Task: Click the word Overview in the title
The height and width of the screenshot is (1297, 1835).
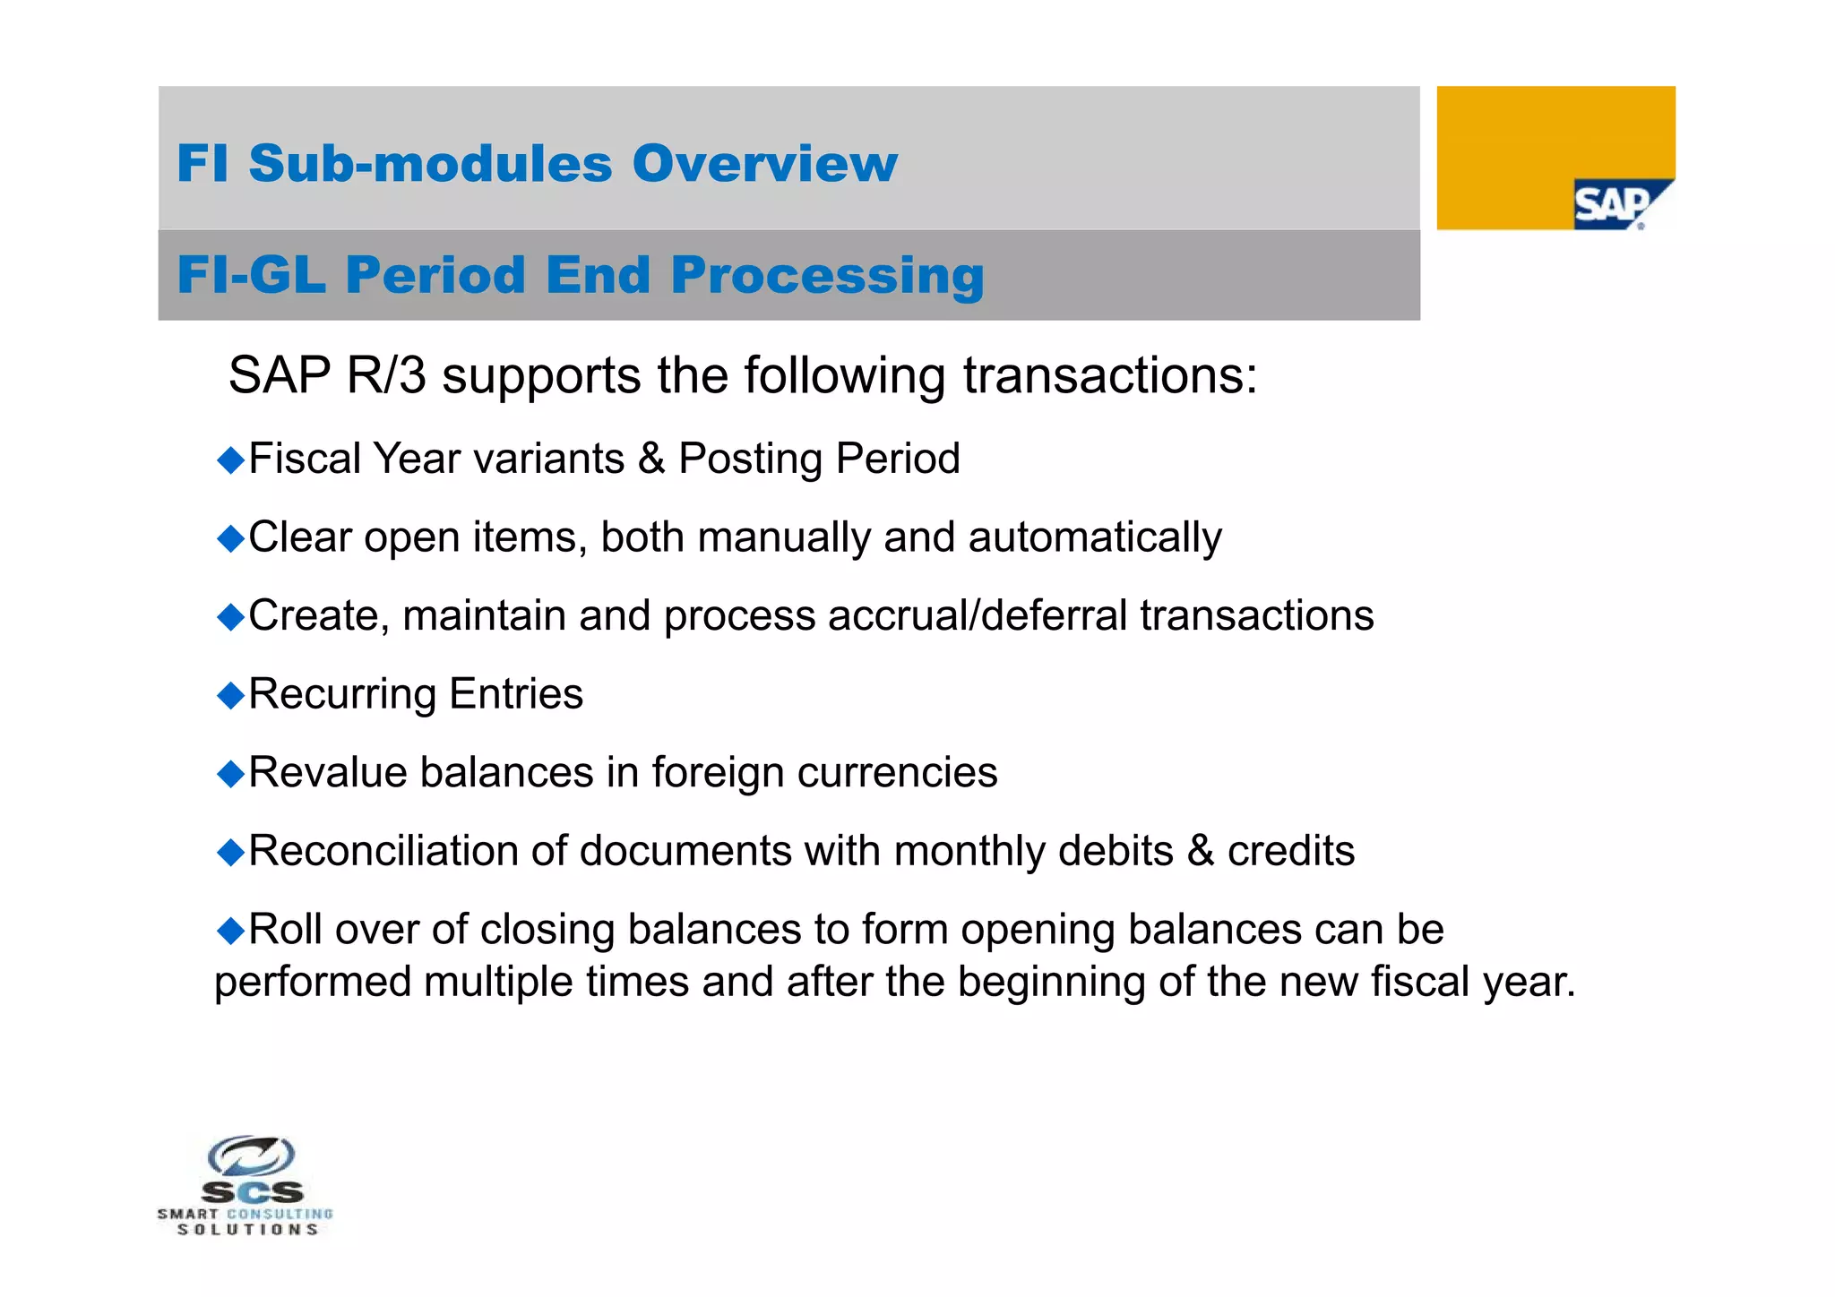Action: point(764,164)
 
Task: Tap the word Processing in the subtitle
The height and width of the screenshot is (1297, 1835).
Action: point(827,275)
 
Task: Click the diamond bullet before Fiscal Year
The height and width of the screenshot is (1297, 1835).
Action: point(231,460)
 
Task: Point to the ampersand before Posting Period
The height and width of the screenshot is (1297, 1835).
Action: point(651,460)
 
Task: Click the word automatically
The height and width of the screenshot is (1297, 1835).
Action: point(1094,538)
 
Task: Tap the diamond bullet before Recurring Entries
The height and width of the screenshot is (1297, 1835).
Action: point(231,695)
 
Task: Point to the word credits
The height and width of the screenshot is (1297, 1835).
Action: point(1290,852)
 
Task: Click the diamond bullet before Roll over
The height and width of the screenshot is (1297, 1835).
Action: point(231,931)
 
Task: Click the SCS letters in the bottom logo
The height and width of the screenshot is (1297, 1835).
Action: point(253,1192)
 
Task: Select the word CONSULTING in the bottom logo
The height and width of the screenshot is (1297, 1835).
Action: point(280,1214)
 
